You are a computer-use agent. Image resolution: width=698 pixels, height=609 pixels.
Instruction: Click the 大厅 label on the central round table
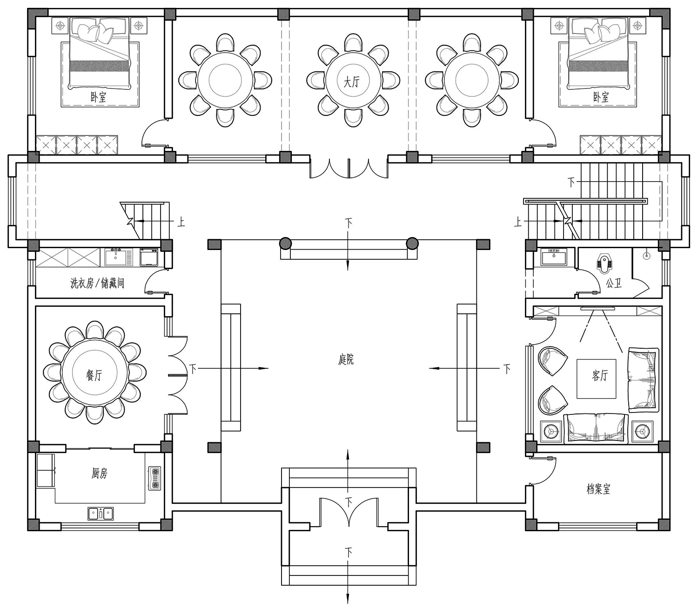[351, 81]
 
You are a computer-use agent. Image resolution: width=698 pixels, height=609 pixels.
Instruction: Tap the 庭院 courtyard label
[346, 359]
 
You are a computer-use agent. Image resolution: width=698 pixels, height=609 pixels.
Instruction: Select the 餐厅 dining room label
[94, 376]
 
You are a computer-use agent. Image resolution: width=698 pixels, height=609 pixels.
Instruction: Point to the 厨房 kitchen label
[99, 473]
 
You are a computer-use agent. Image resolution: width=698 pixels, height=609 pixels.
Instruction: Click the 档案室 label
[598, 489]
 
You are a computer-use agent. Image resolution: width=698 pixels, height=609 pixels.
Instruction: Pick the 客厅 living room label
[600, 376]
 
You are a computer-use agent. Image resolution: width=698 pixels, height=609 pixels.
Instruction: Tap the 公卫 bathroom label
[614, 283]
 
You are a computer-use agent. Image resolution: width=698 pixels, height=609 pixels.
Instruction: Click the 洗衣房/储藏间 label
[97, 283]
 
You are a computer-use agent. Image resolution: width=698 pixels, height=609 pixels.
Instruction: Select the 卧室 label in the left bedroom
[98, 98]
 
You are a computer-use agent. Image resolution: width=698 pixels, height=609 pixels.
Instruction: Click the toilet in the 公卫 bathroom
[603, 264]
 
